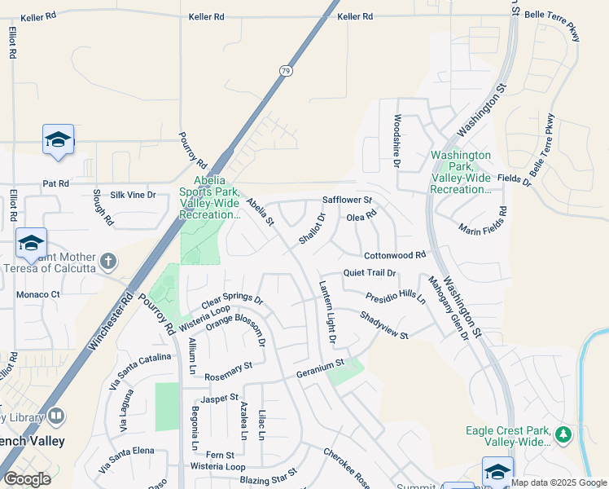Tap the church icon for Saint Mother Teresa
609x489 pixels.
(108, 262)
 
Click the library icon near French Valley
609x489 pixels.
(56, 416)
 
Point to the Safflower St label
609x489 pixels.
(347, 200)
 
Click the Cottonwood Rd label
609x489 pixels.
(395, 255)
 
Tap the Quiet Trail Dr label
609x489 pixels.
(369, 273)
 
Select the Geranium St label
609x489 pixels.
(320, 363)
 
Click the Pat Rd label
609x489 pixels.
(55, 184)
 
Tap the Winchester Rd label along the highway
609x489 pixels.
(108, 321)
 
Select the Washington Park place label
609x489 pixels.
(461, 172)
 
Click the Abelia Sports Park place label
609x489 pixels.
(210, 197)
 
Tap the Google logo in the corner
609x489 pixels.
(27, 479)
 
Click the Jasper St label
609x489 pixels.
(221, 398)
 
